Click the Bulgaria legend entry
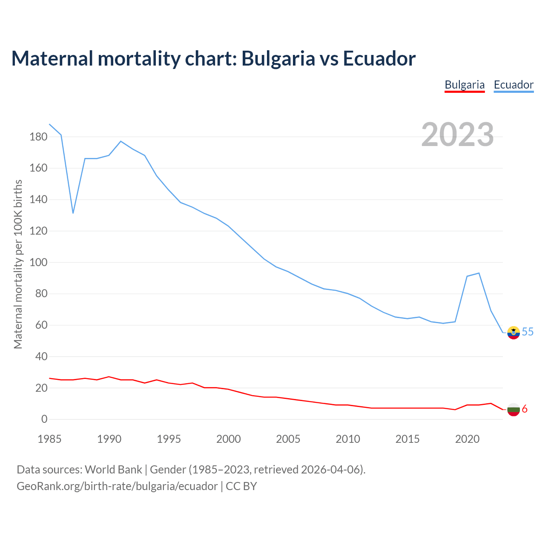(x=465, y=85)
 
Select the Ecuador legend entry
(x=513, y=85)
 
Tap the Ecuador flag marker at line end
(x=513, y=332)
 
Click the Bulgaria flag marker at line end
(x=513, y=410)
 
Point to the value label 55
(x=528, y=332)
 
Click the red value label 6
(x=525, y=409)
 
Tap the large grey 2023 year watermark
(x=458, y=135)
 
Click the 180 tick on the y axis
(x=38, y=137)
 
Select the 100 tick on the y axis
(x=38, y=262)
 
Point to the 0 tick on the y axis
(x=44, y=419)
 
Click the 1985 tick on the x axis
(x=49, y=439)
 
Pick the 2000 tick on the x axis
(x=229, y=439)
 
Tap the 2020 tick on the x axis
(x=468, y=439)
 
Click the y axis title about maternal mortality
(x=18, y=264)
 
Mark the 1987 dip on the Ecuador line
(x=73, y=213)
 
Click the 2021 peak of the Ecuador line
(x=479, y=273)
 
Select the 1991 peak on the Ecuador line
(x=121, y=141)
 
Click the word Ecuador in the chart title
(x=379, y=59)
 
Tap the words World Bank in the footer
(x=113, y=470)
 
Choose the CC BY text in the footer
(x=241, y=486)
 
